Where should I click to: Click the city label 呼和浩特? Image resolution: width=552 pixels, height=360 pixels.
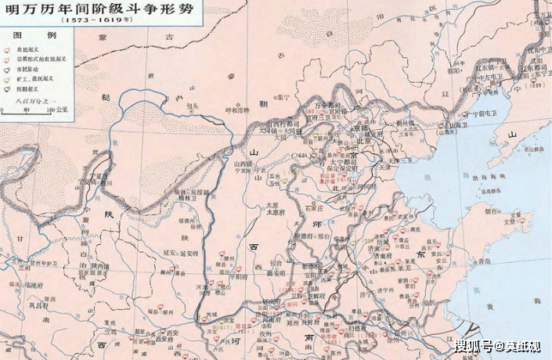click(236, 110)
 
